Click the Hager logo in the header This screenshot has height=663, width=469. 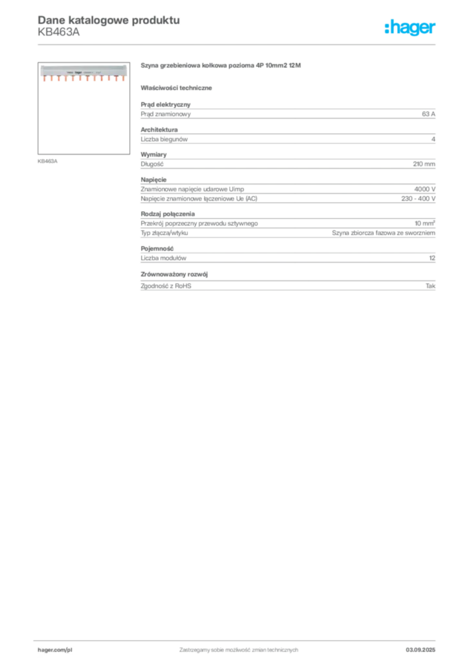(410, 27)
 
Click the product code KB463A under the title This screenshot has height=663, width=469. (58, 32)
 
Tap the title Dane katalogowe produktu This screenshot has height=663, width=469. (109, 20)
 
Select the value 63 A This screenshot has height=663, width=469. (428, 114)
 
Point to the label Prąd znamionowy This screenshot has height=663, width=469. (166, 114)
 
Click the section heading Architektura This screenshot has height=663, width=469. (159, 129)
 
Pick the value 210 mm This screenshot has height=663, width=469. (424, 164)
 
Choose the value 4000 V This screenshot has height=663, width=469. (424, 190)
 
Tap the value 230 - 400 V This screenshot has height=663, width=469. (418, 199)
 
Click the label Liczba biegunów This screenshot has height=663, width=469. (164, 139)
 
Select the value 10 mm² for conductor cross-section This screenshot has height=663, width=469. (424, 223)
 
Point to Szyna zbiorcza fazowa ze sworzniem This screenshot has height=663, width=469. (383, 233)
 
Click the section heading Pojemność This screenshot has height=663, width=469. (157, 249)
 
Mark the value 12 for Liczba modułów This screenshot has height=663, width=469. (432, 258)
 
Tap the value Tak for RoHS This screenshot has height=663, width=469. (431, 286)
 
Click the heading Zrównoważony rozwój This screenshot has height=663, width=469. (174, 275)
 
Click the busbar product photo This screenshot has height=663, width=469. (84, 73)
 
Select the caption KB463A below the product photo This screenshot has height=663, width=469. (47, 161)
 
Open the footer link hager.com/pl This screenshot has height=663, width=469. (55, 650)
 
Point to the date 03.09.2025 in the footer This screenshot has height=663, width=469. (420, 650)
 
